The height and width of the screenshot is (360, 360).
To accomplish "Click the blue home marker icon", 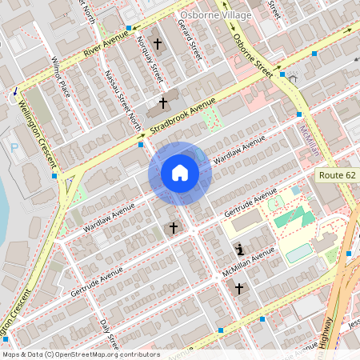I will click(x=180, y=172).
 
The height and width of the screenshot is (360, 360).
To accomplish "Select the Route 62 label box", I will click(x=337, y=175).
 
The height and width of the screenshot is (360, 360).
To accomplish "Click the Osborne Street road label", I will click(x=254, y=55).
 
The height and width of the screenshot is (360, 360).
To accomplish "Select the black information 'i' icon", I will click(x=239, y=250).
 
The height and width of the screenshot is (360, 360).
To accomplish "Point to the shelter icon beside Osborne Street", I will click(x=294, y=79).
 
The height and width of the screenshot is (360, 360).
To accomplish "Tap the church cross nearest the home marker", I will click(x=173, y=229).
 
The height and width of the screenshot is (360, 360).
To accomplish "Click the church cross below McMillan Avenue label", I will click(x=238, y=287).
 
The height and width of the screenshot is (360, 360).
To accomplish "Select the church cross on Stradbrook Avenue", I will click(x=163, y=102).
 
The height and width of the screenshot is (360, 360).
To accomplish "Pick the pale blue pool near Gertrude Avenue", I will click(x=298, y=254).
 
